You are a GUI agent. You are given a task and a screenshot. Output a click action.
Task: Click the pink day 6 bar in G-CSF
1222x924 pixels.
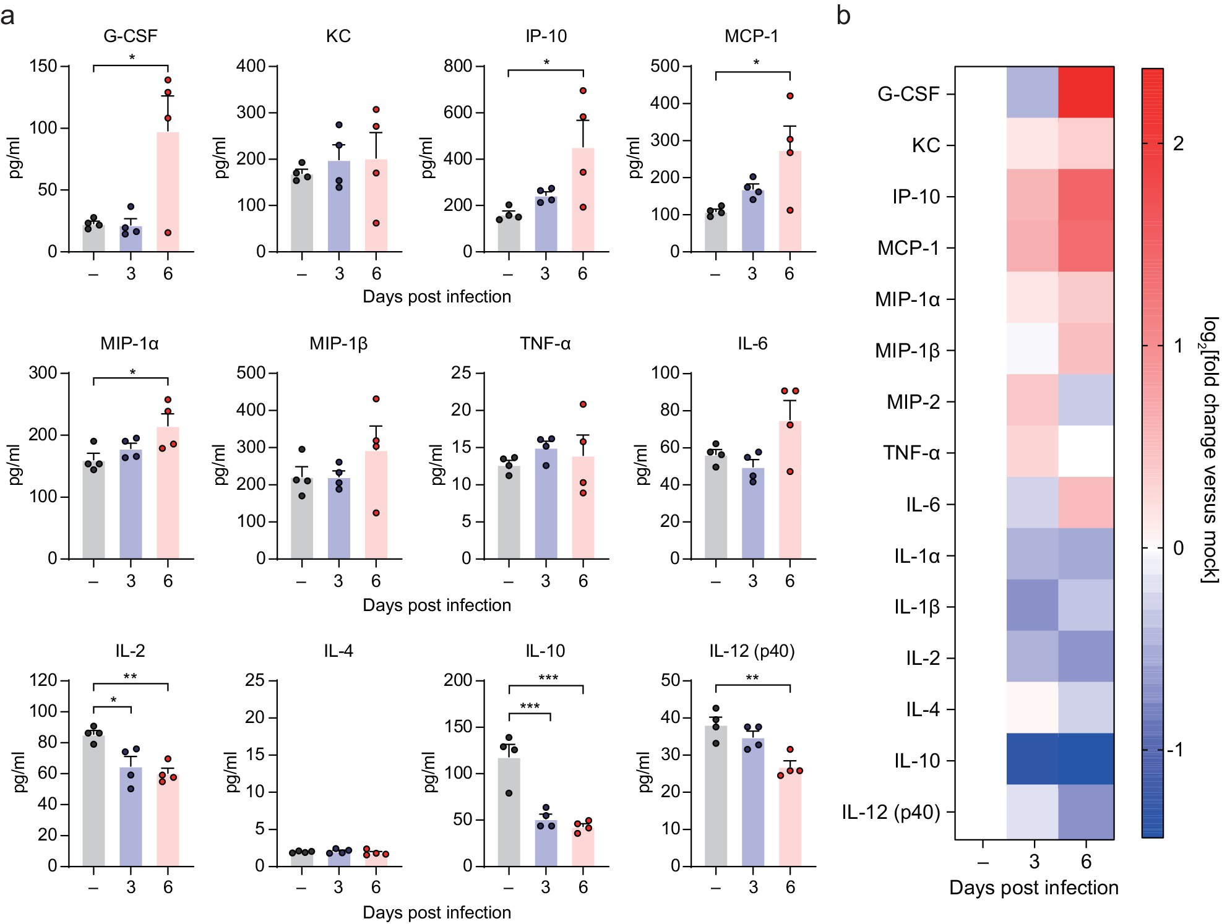[x=168, y=192]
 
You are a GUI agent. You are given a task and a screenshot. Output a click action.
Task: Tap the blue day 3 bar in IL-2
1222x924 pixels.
[x=131, y=816]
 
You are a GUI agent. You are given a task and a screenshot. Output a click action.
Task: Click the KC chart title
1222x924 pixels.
[x=338, y=36]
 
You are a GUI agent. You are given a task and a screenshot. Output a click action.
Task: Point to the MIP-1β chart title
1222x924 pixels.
[x=338, y=343]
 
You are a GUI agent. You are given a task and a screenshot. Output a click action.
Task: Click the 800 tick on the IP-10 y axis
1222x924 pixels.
[x=458, y=66]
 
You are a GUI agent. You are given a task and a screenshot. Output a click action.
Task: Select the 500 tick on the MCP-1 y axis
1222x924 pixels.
[x=665, y=66]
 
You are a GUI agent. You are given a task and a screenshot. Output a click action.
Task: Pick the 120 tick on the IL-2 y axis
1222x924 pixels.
[x=43, y=680]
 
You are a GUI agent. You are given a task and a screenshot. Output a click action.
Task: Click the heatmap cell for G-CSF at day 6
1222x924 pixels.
[x=1086, y=93]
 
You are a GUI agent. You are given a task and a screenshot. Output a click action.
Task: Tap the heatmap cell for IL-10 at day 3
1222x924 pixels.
[x=1033, y=759]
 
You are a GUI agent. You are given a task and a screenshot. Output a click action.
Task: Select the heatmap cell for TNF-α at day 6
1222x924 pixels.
[x=1086, y=451]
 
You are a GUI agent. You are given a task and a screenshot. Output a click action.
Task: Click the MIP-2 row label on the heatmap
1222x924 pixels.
[x=913, y=402]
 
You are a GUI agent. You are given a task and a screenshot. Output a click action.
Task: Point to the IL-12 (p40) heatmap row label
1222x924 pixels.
[x=891, y=812]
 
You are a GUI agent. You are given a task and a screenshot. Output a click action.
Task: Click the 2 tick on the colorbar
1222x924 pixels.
[x=1178, y=143]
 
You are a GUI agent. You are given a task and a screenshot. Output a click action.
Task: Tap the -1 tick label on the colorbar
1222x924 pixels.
[x=1176, y=750]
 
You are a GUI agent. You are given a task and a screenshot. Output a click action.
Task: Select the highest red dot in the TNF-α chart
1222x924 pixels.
[x=583, y=404]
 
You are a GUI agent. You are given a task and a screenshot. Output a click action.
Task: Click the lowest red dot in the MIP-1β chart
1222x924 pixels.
[x=376, y=513]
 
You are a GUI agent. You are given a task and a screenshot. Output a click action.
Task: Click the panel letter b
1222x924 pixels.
[x=843, y=15]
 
